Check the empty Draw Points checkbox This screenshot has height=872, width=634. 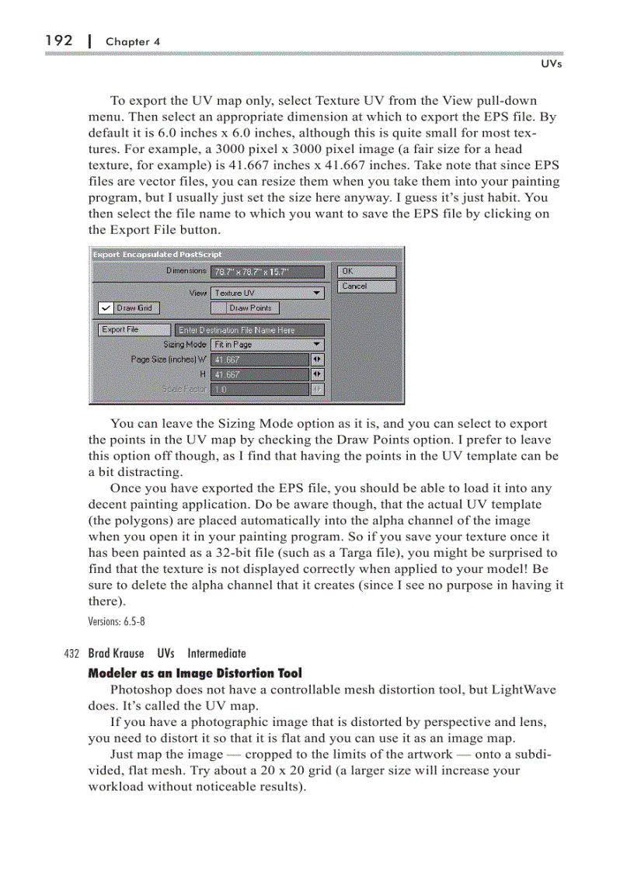[x=220, y=308]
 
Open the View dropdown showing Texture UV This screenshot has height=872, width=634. [x=267, y=293]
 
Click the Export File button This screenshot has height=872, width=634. [x=134, y=330]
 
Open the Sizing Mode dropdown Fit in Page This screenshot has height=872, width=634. [x=267, y=344]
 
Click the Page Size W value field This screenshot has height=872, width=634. [x=260, y=360]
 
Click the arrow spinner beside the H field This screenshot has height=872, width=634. [x=317, y=374]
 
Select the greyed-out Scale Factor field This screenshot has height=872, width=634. [x=260, y=389]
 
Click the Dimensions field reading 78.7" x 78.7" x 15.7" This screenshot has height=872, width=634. [x=266, y=272]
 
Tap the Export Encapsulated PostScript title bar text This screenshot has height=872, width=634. [x=158, y=254]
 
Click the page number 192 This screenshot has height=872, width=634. [x=59, y=40]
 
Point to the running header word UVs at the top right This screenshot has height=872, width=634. [x=551, y=64]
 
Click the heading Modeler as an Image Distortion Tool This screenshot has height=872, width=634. [x=195, y=673]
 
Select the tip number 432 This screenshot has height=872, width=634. [x=74, y=654]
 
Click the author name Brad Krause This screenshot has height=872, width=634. [x=116, y=654]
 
